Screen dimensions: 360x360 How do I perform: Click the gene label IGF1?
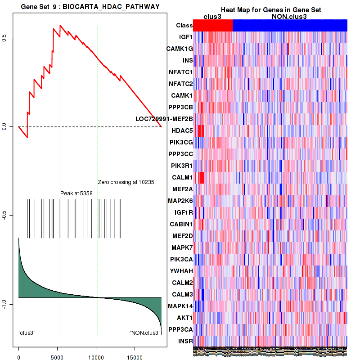point(185,37)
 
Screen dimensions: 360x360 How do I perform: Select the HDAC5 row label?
point(182,130)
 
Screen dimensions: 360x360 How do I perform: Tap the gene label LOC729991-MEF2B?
point(164,119)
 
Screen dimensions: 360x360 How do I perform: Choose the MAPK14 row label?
point(180,306)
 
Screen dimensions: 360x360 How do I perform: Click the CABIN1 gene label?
point(181,224)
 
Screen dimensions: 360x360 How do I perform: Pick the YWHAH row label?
point(181,271)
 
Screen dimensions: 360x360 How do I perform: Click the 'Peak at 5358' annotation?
point(76,193)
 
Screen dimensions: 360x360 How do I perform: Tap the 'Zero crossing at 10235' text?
point(126,182)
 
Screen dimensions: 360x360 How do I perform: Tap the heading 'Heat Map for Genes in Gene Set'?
point(270,10)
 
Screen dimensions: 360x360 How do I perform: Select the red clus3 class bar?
point(213,26)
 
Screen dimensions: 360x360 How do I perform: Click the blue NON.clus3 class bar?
point(290,26)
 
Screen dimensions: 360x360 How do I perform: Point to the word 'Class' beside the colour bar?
point(184,26)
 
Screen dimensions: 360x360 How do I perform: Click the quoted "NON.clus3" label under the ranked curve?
point(145,333)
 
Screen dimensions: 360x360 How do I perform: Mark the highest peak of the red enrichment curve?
point(60,25)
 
